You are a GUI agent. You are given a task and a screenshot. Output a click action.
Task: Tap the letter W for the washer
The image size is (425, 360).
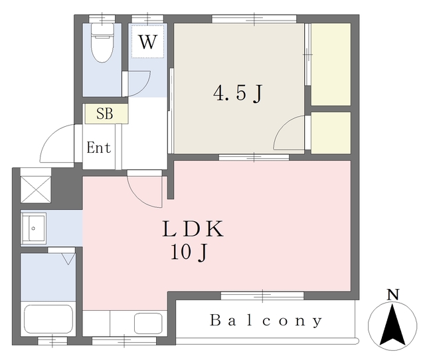click(x=147, y=43)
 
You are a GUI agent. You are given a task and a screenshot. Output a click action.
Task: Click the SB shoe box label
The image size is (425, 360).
click(x=105, y=114)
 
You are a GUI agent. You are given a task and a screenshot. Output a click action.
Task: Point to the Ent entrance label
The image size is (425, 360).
click(x=99, y=147)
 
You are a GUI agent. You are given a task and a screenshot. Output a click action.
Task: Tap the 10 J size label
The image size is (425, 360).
click(x=189, y=252)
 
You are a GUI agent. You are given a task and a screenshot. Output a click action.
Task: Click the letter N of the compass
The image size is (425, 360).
click(x=393, y=294)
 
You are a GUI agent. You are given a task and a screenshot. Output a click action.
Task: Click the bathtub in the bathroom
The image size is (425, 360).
click(x=48, y=321)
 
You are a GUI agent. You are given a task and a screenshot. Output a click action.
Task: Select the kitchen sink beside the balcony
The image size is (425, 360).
click(x=147, y=323)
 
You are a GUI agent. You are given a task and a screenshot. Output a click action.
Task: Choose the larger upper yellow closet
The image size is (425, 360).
click(x=331, y=64)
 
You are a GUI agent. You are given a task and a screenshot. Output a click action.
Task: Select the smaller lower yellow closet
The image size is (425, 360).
click(x=331, y=133)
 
